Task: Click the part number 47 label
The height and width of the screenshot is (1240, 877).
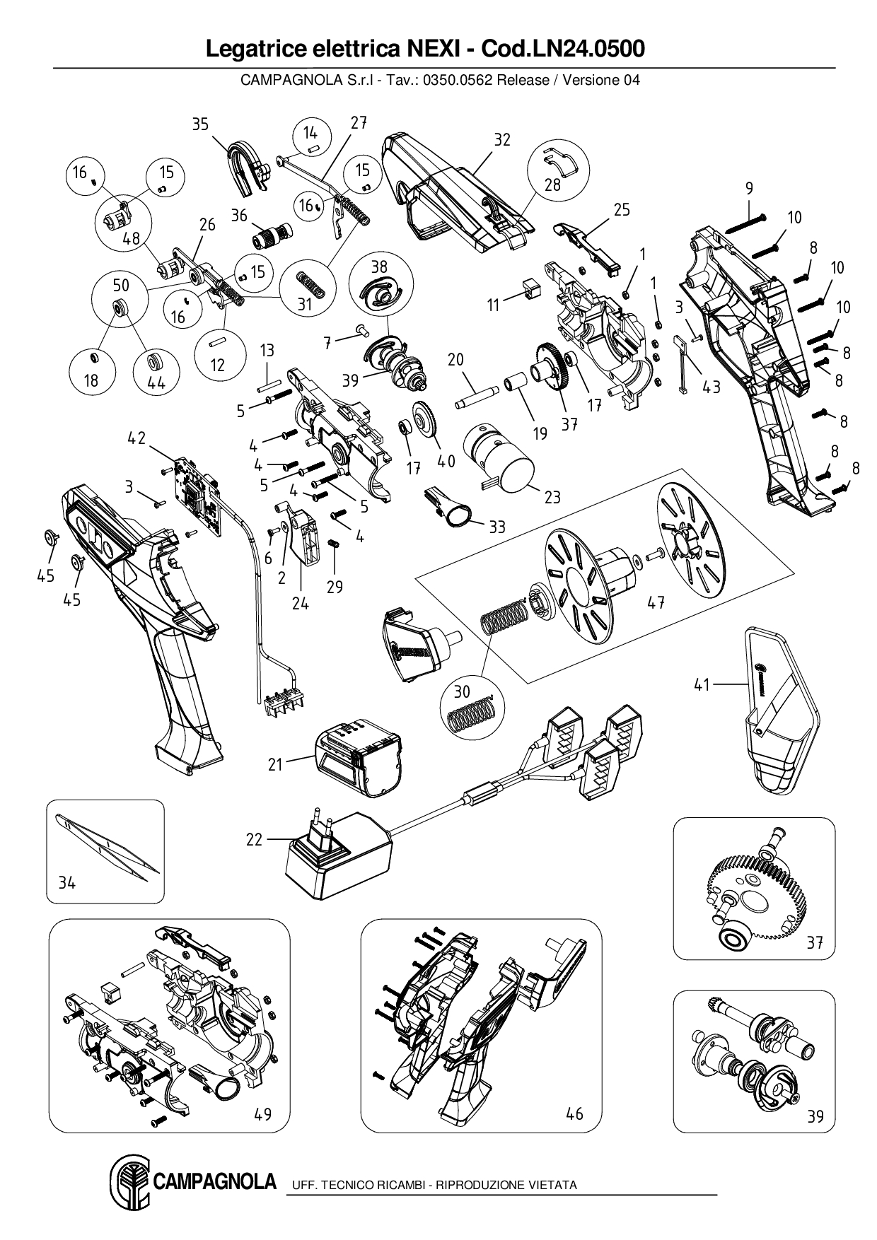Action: coord(656,602)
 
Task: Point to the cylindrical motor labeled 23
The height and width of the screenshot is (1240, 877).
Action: coord(501,461)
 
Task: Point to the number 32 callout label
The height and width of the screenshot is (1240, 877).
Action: coord(501,139)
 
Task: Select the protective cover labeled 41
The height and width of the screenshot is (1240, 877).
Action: coord(778,714)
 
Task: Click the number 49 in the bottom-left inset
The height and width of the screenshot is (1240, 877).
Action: coord(262,1114)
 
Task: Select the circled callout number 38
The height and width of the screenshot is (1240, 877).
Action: coord(380,267)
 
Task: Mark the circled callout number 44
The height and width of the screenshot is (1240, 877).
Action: coord(156,382)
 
